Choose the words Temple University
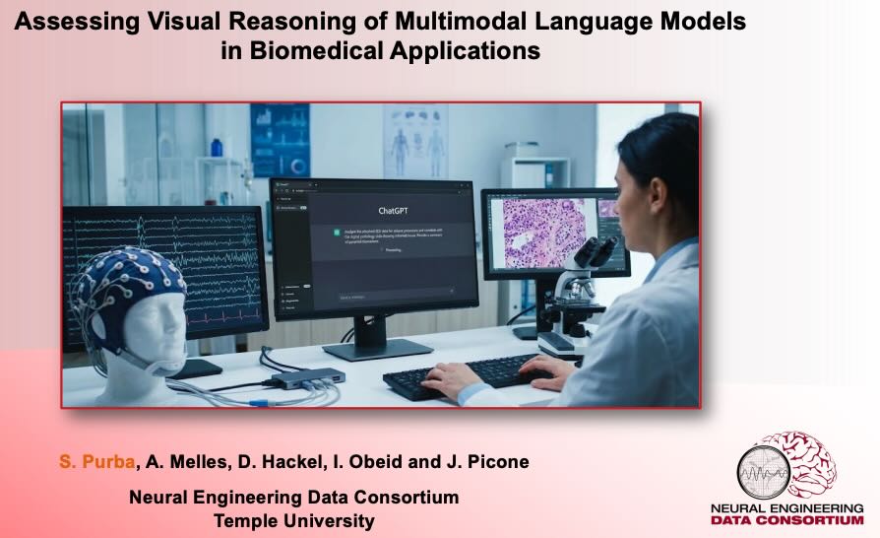tap(293, 521)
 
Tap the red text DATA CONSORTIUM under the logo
tap(786, 520)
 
